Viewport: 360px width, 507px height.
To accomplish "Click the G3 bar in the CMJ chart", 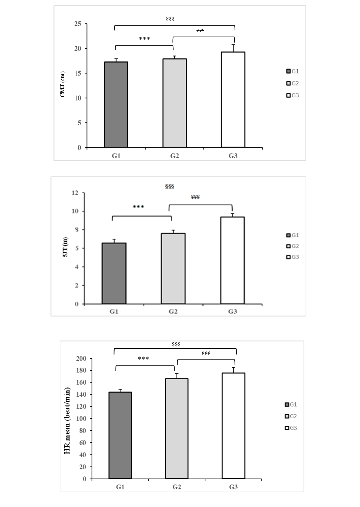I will tap(233, 100).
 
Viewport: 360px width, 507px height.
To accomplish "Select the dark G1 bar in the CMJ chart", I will tap(116, 104).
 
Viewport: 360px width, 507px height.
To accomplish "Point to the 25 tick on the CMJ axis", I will tap(77, 24).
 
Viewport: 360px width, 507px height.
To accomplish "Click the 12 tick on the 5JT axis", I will tap(75, 193).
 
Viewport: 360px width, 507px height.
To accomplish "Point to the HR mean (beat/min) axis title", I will tap(67, 420).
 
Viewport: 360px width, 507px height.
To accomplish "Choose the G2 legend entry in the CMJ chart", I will tap(293, 83).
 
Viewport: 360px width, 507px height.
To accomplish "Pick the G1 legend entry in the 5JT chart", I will tap(293, 235).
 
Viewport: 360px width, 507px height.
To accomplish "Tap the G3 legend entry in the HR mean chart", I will tap(291, 428).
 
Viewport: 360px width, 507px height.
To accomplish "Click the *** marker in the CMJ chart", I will tap(144, 39).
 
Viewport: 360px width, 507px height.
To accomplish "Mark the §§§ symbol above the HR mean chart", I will tap(176, 344).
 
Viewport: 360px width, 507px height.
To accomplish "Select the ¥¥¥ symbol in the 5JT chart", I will tap(195, 197).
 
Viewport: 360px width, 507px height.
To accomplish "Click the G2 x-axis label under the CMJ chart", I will tap(175, 156).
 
